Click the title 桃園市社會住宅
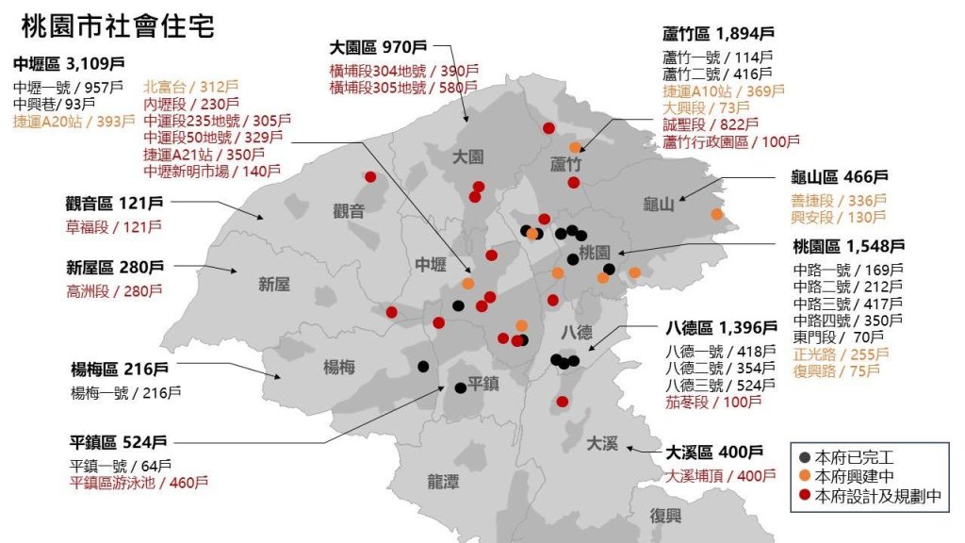[x=117, y=25]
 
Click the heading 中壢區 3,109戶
[x=69, y=64]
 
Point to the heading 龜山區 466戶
[x=840, y=176]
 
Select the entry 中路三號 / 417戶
[x=847, y=304]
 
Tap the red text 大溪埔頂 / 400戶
[x=715, y=475]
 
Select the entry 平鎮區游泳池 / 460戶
[x=139, y=483]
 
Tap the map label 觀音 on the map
[x=349, y=211]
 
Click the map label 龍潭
[x=443, y=482]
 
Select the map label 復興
[x=665, y=516]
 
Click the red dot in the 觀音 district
[x=370, y=177]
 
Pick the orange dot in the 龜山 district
[x=717, y=214]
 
